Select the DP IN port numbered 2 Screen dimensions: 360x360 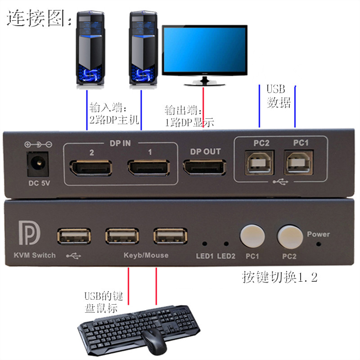[x=90, y=168]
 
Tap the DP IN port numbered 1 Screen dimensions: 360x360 [x=149, y=168]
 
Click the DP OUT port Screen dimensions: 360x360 [x=205, y=169]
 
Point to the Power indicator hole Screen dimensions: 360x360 [x=319, y=244]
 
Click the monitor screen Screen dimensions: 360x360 [x=204, y=49]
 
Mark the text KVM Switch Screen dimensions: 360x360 [x=31, y=256]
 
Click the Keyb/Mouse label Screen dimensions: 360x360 [x=146, y=256]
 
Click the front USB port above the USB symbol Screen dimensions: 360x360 [x=74, y=236]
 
